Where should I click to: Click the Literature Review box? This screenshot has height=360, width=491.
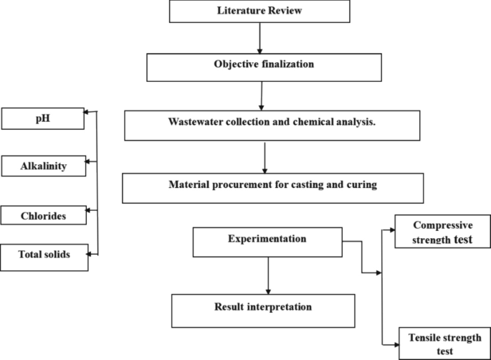click(259, 11)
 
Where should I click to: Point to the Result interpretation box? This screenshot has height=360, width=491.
click(263, 310)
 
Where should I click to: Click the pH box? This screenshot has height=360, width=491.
click(43, 118)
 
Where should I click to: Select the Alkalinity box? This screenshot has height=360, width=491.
click(44, 166)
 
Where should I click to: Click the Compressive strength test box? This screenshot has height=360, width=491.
click(442, 233)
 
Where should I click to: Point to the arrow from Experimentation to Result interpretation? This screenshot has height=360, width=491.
click(268, 275)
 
